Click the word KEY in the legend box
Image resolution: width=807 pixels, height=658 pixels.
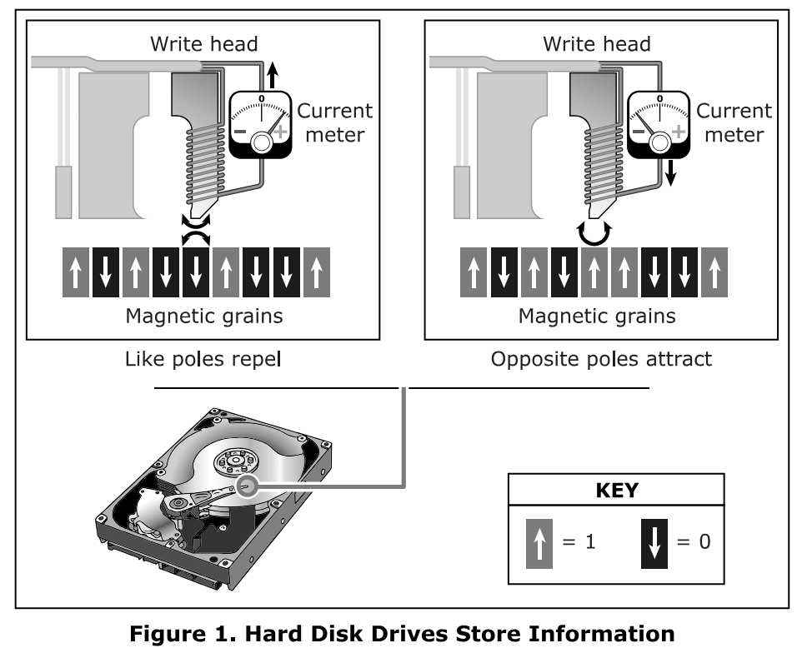617,491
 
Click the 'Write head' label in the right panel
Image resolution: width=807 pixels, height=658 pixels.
596,43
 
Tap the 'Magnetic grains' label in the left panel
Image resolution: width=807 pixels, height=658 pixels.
203,317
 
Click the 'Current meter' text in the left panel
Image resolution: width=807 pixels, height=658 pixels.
335,122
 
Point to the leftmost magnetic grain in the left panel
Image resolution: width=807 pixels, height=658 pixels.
76,273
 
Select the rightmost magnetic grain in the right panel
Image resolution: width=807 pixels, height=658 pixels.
714,273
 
